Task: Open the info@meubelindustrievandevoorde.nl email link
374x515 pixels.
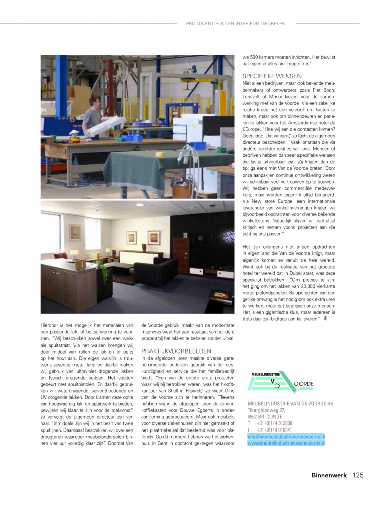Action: pyautogui.click(x=286, y=436)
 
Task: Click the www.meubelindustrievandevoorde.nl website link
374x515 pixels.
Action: pyautogui.click(x=286, y=443)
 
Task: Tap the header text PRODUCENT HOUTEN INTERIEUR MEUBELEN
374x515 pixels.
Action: pyautogui.click(x=236, y=23)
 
